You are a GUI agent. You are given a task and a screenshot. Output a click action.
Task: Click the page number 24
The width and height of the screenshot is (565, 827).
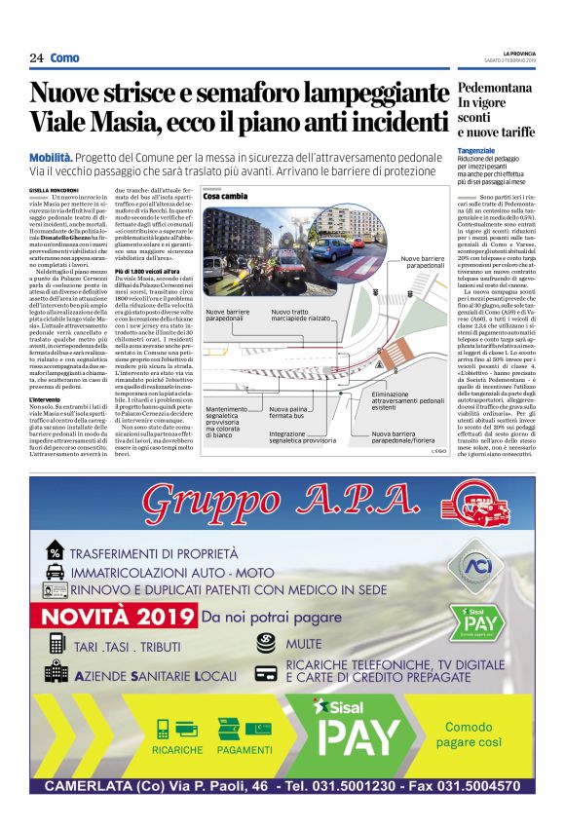click(36, 58)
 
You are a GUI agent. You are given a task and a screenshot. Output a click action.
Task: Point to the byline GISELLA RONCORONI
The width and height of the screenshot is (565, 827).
click(53, 189)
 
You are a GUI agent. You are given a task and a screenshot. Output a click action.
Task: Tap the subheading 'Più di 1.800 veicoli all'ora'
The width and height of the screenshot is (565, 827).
click(147, 269)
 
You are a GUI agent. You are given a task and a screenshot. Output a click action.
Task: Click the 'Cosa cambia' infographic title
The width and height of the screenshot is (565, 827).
click(226, 196)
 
